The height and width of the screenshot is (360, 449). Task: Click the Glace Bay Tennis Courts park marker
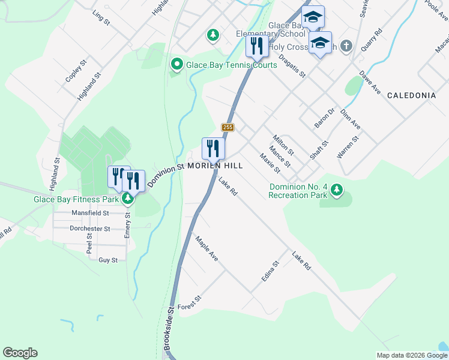pos(176,64)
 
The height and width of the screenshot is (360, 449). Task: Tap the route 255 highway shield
pos(228,127)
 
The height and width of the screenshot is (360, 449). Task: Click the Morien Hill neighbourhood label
pos(215,166)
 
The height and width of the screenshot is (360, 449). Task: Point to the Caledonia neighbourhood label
pos(411,95)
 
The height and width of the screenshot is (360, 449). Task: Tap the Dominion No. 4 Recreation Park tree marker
pos(337,190)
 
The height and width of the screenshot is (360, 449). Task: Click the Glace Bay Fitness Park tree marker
pos(127,199)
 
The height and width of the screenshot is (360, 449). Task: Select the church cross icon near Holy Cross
pos(346,45)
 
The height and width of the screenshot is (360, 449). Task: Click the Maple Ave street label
pos(206,248)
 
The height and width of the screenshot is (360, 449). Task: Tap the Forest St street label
pos(188,302)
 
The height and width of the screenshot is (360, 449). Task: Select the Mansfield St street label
pos(90,213)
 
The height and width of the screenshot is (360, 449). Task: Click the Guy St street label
pos(108,260)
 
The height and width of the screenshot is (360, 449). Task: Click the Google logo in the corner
pos(20,353)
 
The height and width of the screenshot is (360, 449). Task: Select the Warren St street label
pos(348,146)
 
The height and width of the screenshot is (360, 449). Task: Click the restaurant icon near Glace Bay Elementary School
pos(257,46)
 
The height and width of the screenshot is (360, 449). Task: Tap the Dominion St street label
pos(165,176)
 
